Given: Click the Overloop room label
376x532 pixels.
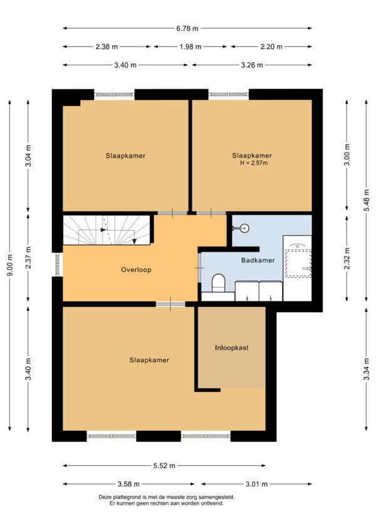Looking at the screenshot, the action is click(x=136, y=270).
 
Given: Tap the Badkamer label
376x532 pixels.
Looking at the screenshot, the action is click(x=258, y=260).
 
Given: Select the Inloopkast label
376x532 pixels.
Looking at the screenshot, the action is click(x=232, y=348).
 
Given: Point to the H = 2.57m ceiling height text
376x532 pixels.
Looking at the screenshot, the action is click(x=254, y=163).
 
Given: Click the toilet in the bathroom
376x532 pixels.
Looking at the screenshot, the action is click(x=218, y=284).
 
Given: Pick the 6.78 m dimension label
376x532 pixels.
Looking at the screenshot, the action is click(x=187, y=28).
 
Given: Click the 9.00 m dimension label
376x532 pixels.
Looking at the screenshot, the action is click(x=11, y=265).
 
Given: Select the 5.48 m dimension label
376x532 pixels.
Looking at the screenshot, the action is click(x=367, y=200).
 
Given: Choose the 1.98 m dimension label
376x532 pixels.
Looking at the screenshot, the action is click(x=191, y=47).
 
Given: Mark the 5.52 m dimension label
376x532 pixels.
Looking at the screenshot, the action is click(x=164, y=466).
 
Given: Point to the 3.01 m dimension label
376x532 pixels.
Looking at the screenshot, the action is click(x=257, y=484).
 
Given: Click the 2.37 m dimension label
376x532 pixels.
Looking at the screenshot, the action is click(x=29, y=257).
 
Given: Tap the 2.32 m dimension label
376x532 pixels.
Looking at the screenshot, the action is click(x=347, y=258).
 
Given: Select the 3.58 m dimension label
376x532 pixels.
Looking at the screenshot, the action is click(x=128, y=484).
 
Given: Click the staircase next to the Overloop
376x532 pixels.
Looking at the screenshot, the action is click(x=107, y=230).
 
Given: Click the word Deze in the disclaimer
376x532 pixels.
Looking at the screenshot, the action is click(x=104, y=497).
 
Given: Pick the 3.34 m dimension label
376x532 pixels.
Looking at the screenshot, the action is click(x=367, y=369).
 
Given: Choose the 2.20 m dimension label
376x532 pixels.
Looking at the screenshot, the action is click(x=271, y=47).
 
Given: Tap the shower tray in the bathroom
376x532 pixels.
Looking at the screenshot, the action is click(x=298, y=263).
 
